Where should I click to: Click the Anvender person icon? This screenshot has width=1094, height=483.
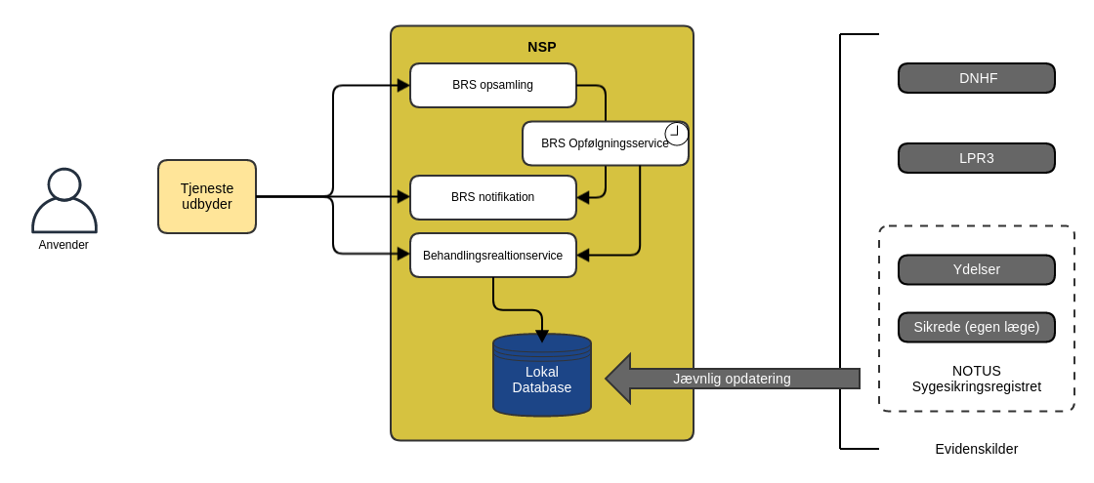click(64, 201)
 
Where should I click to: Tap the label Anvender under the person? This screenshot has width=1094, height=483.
click(63, 245)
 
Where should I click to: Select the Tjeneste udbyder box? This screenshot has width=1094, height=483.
click(207, 196)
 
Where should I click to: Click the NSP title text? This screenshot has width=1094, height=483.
click(542, 47)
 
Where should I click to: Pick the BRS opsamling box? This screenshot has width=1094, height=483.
click(493, 85)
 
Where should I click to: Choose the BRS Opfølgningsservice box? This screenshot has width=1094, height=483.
click(596, 144)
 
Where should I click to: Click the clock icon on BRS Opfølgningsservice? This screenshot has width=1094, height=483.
click(676, 133)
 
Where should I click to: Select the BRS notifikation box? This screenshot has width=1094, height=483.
click(493, 197)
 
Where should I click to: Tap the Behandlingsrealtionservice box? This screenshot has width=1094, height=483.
click(493, 256)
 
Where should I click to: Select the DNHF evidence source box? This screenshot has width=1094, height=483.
click(977, 78)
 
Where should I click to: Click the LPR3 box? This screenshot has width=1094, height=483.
click(977, 158)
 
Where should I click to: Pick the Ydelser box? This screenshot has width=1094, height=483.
click(977, 269)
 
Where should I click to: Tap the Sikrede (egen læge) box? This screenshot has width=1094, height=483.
click(977, 327)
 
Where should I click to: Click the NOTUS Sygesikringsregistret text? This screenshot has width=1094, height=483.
click(977, 379)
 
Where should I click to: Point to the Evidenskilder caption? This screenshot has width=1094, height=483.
click(977, 449)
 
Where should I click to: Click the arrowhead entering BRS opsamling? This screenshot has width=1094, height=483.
click(403, 85)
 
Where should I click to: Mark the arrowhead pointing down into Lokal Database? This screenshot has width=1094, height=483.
click(542, 336)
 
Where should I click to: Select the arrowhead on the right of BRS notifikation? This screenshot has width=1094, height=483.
click(583, 197)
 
